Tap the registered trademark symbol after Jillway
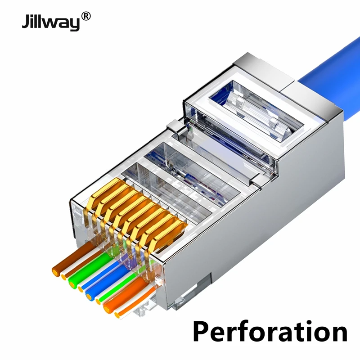[86, 17]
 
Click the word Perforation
[270, 332]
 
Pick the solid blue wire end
[89, 294]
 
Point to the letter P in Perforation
[202, 332]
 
